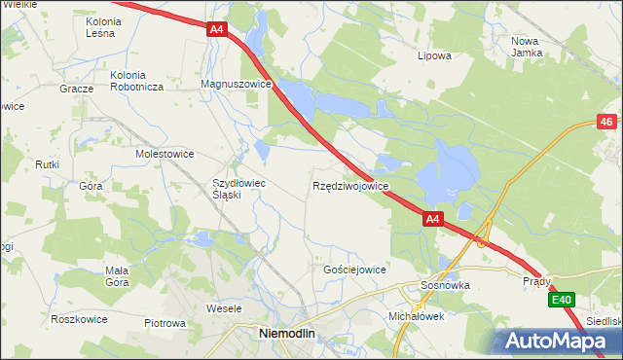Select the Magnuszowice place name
[x=235, y=85]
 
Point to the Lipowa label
[x=434, y=55]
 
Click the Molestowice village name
[x=165, y=154]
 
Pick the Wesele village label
[x=224, y=308]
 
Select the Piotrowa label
[x=165, y=323]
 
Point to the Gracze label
[x=75, y=87]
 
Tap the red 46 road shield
[x=606, y=122]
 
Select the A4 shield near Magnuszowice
[x=216, y=31]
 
